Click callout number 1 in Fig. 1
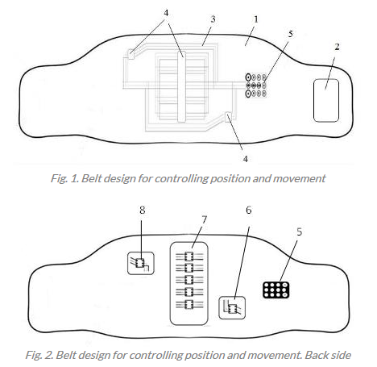click(255, 19)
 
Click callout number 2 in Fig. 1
click(338, 47)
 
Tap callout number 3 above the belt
click(213, 19)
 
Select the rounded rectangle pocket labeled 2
click(326, 100)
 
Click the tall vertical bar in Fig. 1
click(181, 86)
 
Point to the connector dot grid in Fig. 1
click(256, 85)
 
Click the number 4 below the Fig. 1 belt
click(246, 159)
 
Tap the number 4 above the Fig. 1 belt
click(166, 13)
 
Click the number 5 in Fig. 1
click(291, 34)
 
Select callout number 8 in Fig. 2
click(143, 210)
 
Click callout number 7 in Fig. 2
click(205, 219)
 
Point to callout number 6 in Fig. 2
click(249, 210)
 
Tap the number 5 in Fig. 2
click(300, 231)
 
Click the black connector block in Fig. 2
click(276, 290)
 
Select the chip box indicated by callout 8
click(141, 263)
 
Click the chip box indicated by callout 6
click(232, 308)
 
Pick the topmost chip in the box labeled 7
click(189, 256)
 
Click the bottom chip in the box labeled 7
click(189, 305)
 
